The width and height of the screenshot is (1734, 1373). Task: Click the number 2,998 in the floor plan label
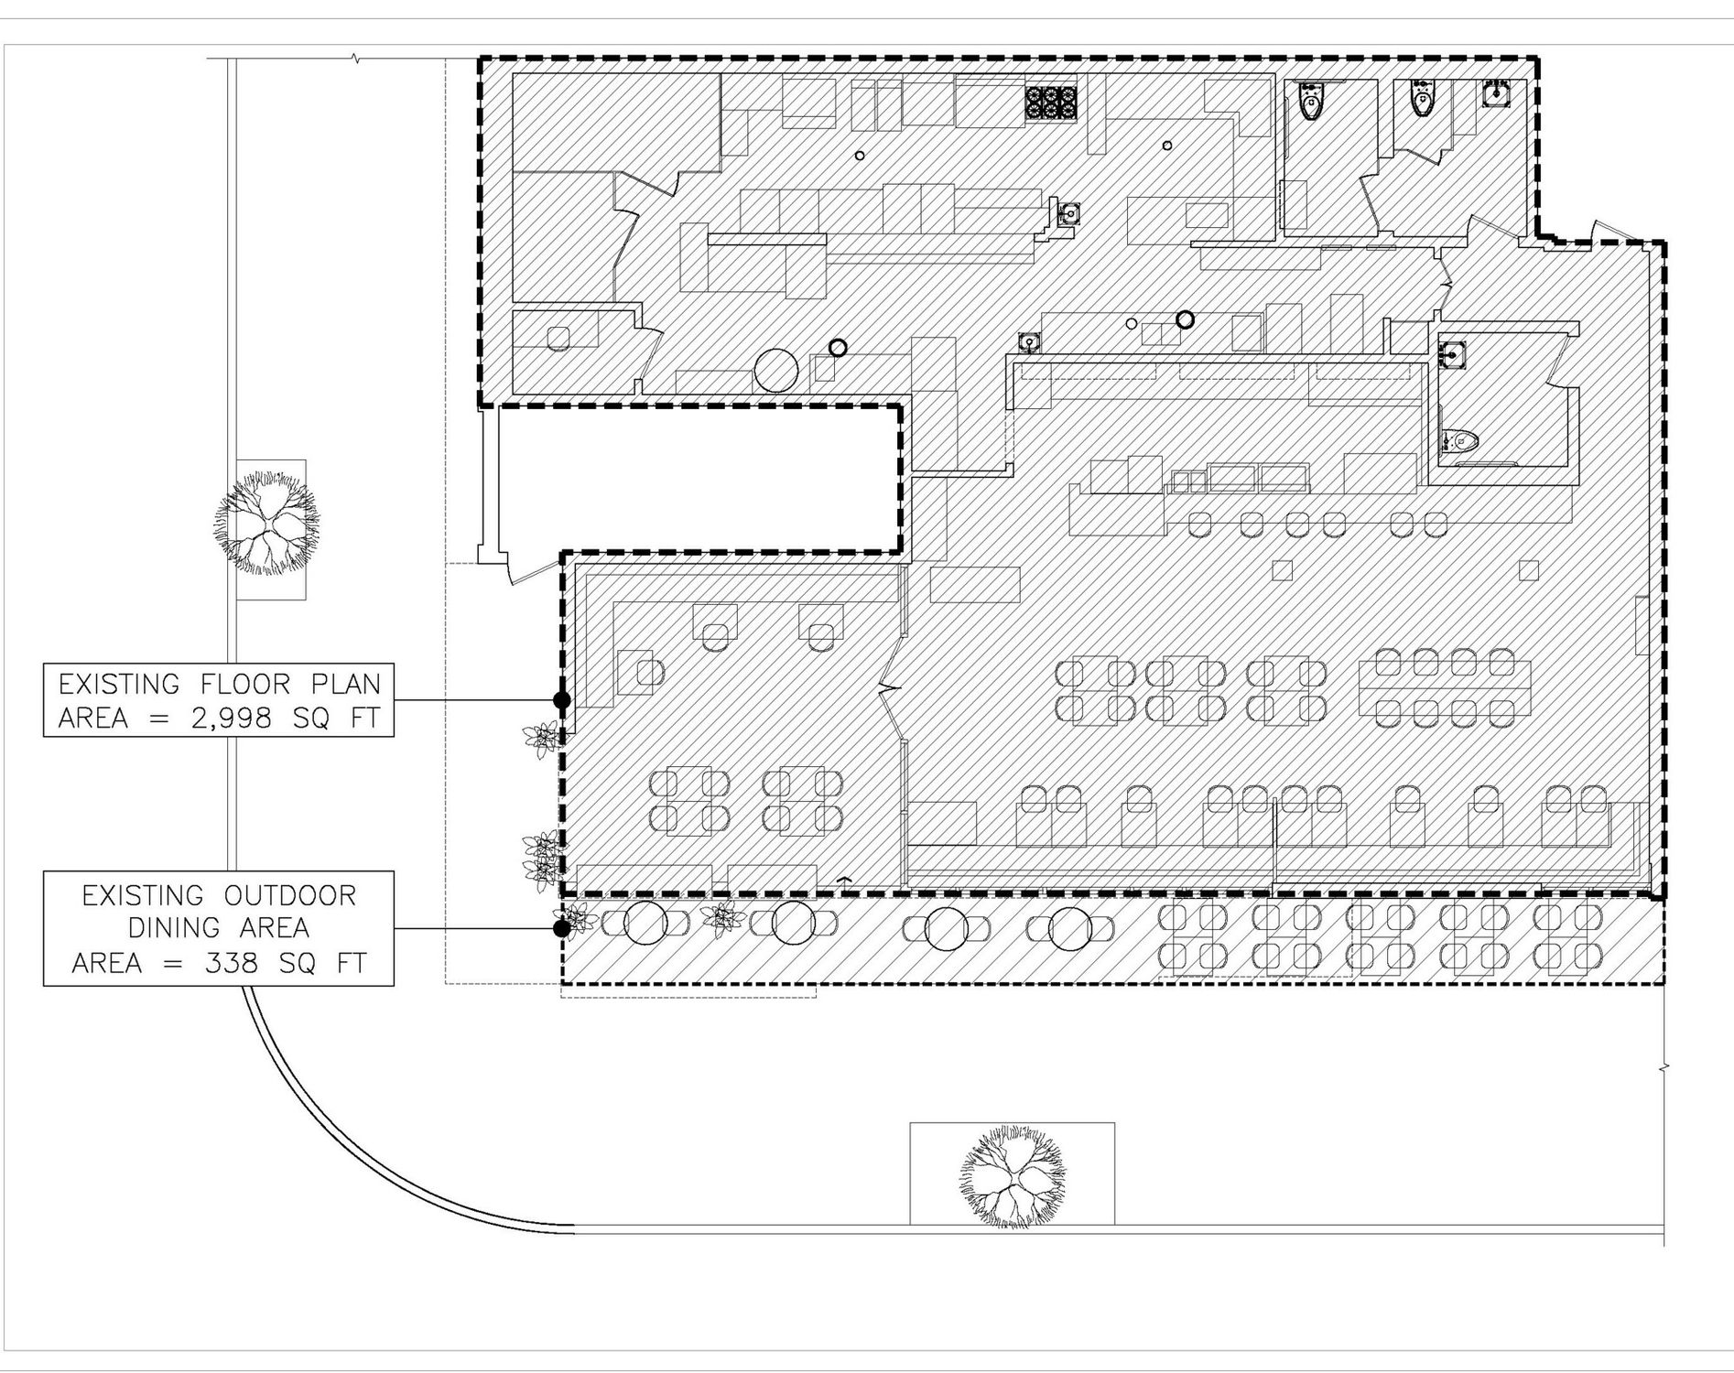click(231, 719)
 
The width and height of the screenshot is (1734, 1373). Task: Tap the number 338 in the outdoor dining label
click(243, 963)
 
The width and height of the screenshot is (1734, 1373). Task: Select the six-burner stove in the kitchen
click(1051, 102)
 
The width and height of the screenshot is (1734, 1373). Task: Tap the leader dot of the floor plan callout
click(562, 700)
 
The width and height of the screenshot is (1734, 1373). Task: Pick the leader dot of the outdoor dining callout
click(562, 928)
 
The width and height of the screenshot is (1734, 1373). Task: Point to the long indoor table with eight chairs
click(1445, 687)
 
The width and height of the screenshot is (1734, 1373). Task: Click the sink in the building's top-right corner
click(1495, 93)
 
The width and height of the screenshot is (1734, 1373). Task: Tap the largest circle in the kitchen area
click(775, 371)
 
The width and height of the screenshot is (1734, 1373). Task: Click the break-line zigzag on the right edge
click(1664, 1067)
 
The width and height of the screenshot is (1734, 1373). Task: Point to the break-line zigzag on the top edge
click(355, 59)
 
